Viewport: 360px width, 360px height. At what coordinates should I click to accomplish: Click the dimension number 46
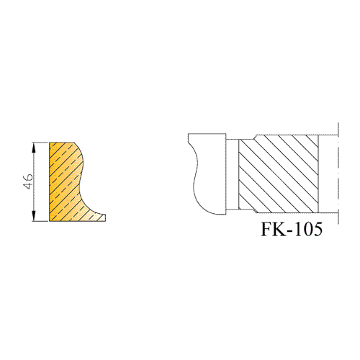[28, 181]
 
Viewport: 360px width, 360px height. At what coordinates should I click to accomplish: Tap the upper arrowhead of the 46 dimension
[34, 147]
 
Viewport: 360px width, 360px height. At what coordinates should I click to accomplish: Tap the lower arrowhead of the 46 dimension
[34, 216]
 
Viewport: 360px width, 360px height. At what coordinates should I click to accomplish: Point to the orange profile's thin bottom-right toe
[102, 218]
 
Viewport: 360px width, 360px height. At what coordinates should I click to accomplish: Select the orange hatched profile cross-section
[66, 181]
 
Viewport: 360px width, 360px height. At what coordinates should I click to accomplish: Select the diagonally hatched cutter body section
[279, 174]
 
